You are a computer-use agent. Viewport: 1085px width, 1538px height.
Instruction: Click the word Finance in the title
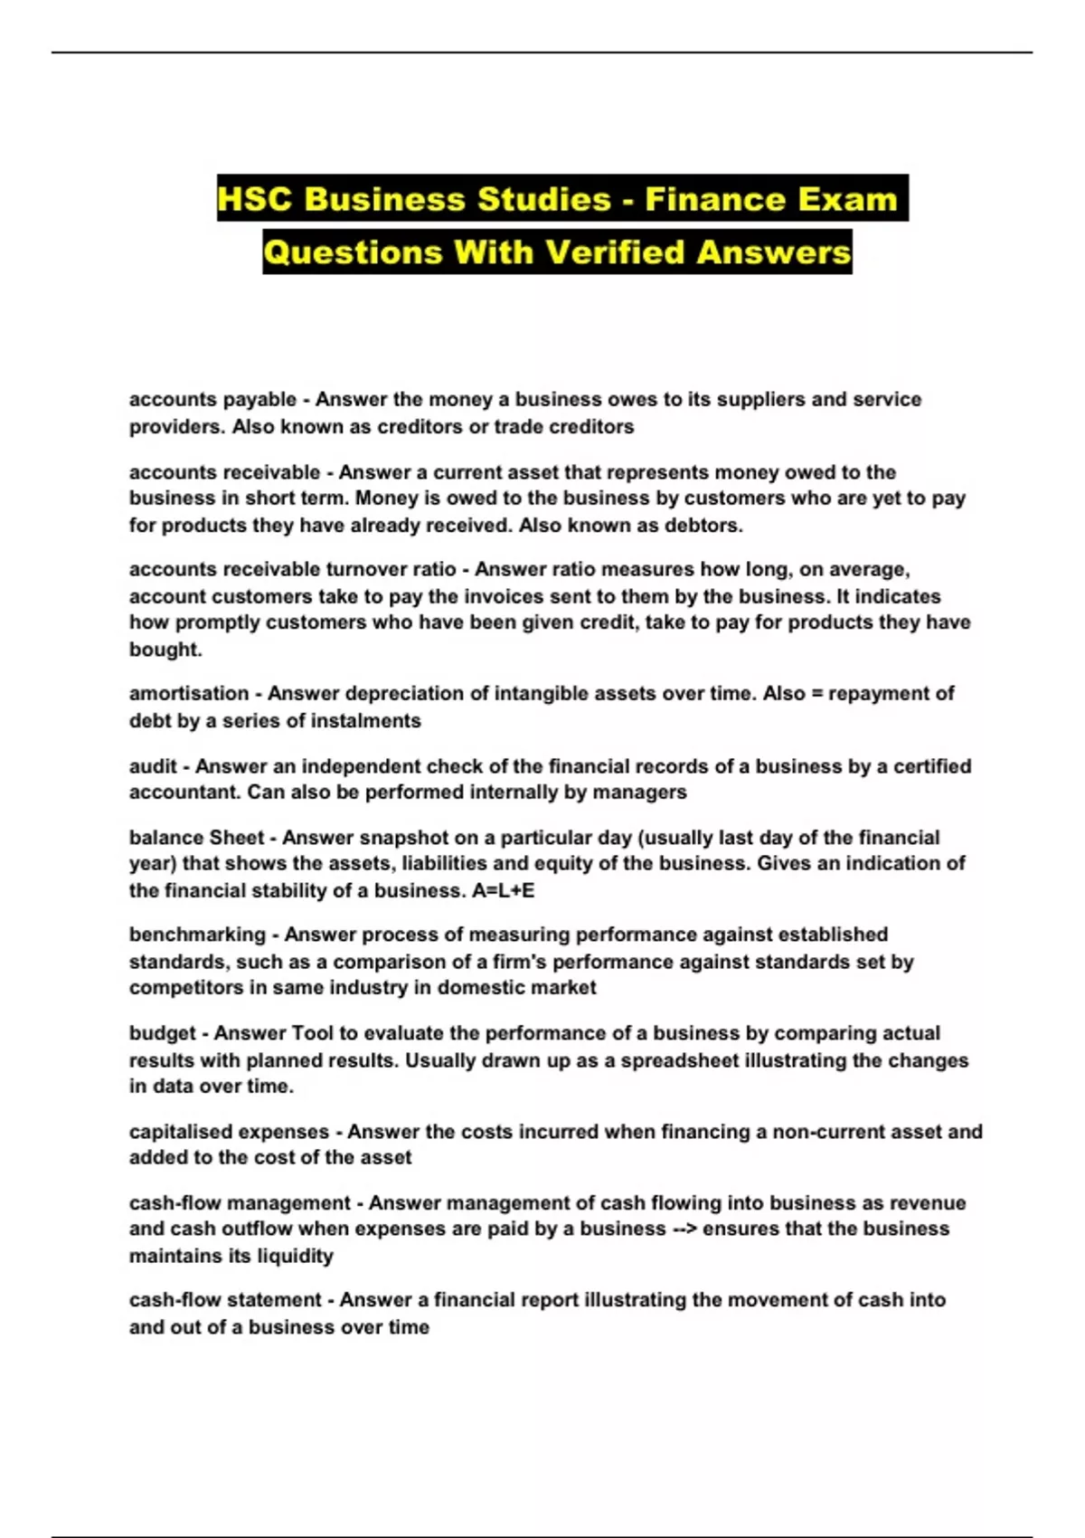pos(708,199)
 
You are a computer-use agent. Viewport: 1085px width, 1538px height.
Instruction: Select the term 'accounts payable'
pos(212,399)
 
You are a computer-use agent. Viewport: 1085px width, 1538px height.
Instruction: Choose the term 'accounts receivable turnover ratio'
pos(292,569)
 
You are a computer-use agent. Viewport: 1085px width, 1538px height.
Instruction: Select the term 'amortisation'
pos(188,693)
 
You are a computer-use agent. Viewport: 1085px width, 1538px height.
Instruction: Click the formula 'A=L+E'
pos(504,890)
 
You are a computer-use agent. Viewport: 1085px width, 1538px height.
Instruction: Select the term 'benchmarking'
pos(197,935)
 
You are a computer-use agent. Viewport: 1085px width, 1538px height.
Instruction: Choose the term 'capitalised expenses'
pos(229,1132)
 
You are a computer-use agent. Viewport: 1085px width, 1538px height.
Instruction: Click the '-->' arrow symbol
pos(684,1229)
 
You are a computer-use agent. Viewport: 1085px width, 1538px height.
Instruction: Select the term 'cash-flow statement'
pos(225,1300)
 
